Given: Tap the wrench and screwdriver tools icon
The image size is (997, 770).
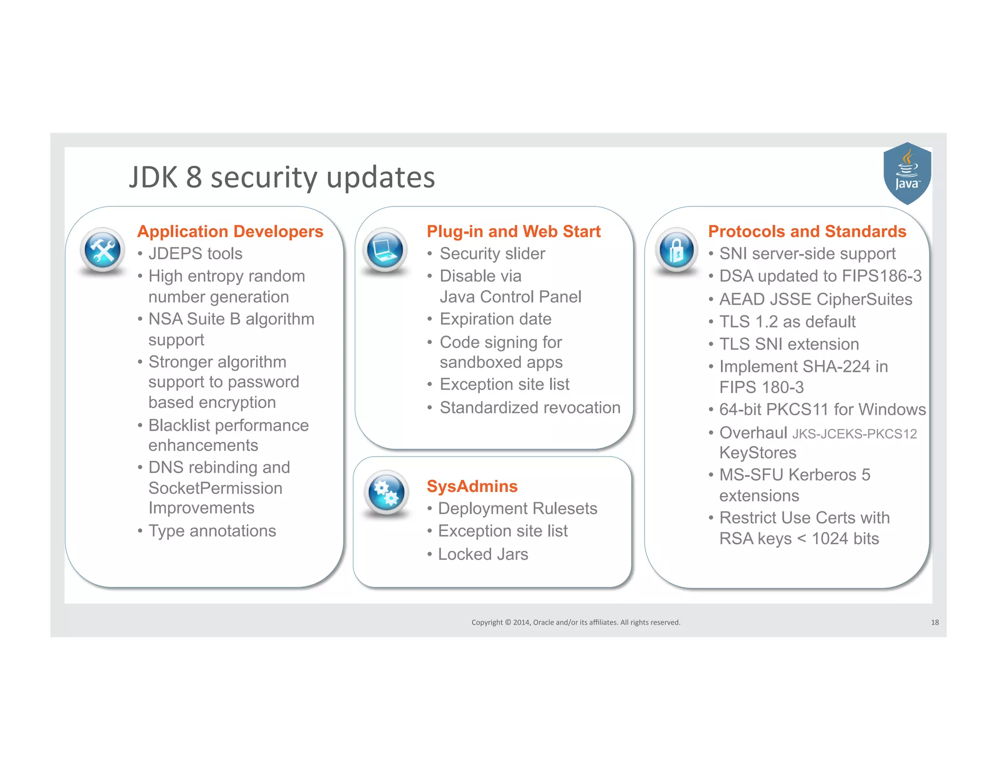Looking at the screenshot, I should [x=102, y=250].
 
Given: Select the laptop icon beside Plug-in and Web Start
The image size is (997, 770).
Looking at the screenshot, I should [x=385, y=250].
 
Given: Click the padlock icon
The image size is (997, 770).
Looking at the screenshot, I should [x=676, y=250].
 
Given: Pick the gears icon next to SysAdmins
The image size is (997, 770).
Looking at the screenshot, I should [x=387, y=493].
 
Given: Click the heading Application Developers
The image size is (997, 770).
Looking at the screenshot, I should [x=230, y=232].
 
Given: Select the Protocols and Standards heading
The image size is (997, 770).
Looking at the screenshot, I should [x=807, y=232].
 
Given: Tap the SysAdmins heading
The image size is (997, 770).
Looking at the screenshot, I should [x=472, y=486].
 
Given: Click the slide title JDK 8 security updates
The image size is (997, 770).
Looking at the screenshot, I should [x=282, y=177].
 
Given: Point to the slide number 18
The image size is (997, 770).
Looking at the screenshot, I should [x=935, y=623].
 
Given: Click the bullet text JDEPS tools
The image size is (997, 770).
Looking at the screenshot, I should [x=195, y=254].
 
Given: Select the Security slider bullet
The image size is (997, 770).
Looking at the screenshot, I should [x=492, y=254].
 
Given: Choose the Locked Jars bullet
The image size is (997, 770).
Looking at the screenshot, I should [x=483, y=554].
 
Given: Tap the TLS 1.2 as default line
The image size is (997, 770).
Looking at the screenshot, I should [x=787, y=322].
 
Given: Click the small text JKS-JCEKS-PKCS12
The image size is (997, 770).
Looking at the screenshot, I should [x=854, y=434].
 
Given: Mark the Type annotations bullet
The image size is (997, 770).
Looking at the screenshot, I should [x=212, y=531].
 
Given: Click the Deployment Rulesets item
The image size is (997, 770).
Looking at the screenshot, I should [x=517, y=509].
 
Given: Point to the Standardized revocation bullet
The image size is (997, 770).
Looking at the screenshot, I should [x=530, y=408].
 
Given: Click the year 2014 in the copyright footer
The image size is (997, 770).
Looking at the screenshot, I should [x=521, y=623].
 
